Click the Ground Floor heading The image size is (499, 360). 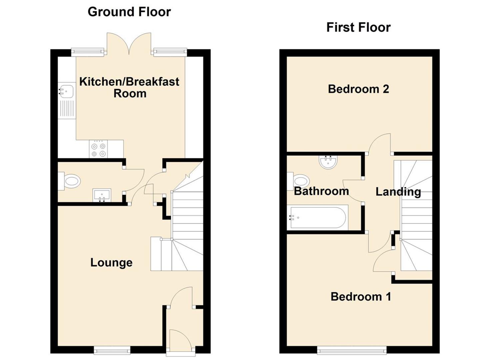pos(129,12)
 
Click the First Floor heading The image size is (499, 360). pos(358,27)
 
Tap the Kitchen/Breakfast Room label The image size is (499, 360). pos(129,87)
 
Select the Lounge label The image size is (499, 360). pos(111,263)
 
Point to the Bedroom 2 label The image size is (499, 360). pos(358,89)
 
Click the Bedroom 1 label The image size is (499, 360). pos(361,297)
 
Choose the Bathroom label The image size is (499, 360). pos(321,191)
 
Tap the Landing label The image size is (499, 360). pos(398,192)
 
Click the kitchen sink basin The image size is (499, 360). pos(66,92)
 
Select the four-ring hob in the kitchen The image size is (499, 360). pos(98,149)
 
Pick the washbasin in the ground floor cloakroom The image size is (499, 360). pos(102,195)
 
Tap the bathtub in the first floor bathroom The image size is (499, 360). pos(317,218)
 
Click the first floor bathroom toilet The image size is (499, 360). pos(298,181)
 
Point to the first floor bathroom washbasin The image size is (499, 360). pos(328,162)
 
